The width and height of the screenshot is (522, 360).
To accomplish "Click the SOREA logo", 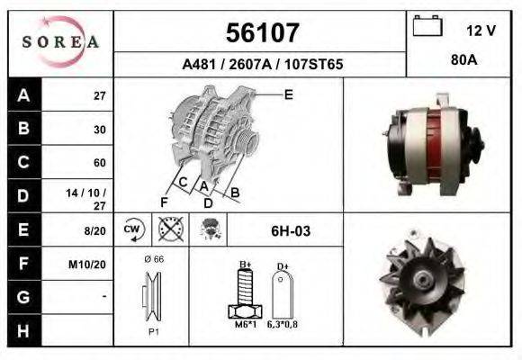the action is click(x=60, y=42).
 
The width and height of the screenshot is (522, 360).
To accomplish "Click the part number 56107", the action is click(x=263, y=32).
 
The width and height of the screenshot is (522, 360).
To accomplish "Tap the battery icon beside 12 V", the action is click(x=427, y=25).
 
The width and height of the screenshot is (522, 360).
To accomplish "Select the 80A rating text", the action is click(x=464, y=60).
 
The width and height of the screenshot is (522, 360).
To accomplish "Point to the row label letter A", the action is click(x=23, y=95).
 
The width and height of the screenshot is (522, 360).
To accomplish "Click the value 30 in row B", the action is click(x=100, y=130).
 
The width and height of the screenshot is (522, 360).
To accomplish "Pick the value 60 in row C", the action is click(x=100, y=163).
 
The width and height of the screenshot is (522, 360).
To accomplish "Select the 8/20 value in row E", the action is click(x=94, y=230).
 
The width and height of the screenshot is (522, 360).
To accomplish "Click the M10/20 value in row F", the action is click(x=87, y=265).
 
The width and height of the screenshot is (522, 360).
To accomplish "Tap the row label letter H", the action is click(x=23, y=331).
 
